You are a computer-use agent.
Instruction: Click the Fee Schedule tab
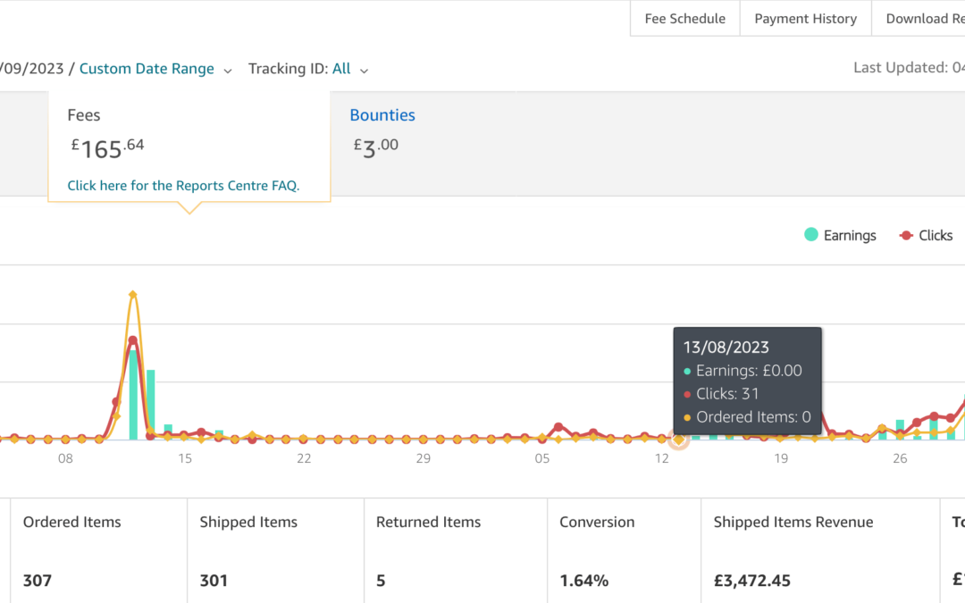click(684, 19)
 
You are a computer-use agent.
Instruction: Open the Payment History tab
click(805, 19)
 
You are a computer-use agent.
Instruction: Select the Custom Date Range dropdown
click(147, 69)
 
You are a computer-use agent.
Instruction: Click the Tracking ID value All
click(341, 69)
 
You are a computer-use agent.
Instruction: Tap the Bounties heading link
click(382, 115)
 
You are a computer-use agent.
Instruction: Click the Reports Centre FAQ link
click(183, 186)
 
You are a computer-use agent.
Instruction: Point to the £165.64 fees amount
click(108, 147)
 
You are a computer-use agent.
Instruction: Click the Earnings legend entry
click(840, 236)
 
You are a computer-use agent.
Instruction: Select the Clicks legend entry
click(926, 236)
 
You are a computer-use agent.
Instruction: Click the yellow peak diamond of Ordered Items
click(133, 294)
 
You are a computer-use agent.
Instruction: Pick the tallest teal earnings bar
click(134, 394)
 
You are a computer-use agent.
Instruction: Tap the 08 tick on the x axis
click(65, 459)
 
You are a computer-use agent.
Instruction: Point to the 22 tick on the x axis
click(304, 459)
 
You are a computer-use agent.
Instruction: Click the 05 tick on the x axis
click(542, 459)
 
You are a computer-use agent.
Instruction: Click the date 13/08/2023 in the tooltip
click(726, 348)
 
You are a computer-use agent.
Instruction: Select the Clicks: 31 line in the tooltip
click(727, 394)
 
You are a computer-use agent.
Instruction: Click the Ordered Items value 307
click(38, 581)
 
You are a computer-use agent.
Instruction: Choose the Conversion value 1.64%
click(583, 581)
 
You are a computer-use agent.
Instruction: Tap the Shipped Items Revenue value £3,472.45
click(751, 581)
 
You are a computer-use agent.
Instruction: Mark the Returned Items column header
click(428, 523)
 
